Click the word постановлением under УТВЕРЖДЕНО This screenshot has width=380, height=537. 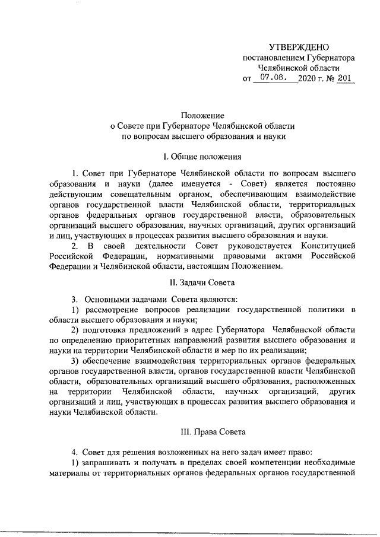pos(273,58)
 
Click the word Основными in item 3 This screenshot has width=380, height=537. pos(104,299)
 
